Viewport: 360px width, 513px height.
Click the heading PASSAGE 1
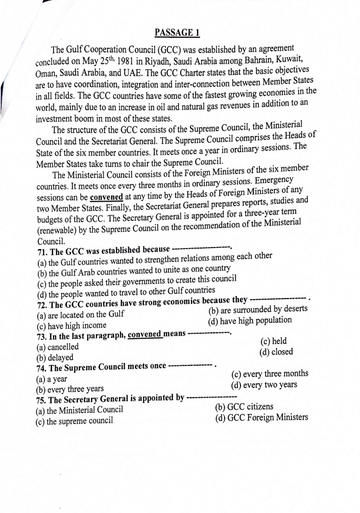click(176, 33)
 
